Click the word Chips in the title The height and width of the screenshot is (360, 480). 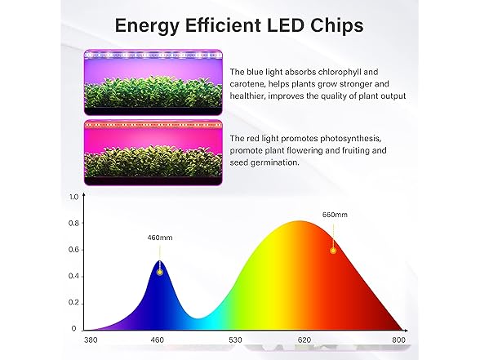[x=336, y=26]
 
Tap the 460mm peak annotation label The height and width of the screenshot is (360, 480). [x=160, y=238]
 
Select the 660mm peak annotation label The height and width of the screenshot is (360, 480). [x=335, y=215]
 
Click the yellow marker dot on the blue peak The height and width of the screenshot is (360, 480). [x=159, y=272]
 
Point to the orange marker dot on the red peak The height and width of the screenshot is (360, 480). [x=333, y=251]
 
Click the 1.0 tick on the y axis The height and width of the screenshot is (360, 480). [x=73, y=197]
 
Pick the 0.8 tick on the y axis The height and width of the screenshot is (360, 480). [x=73, y=223]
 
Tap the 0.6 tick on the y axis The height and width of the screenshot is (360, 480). [x=73, y=250]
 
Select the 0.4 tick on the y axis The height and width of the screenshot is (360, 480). [x=73, y=276]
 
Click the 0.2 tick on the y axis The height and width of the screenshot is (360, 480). [x=73, y=303]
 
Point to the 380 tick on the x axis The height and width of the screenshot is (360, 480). [x=91, y=340]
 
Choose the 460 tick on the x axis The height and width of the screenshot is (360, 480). [x=158, y=340]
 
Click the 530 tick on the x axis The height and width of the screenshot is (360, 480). [x=235, y=340]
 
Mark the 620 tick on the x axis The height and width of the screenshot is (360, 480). [x=304, y=340]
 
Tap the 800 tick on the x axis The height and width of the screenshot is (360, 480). [x=398, y=340]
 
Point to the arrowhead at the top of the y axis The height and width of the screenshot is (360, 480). [x=84, y=193]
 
